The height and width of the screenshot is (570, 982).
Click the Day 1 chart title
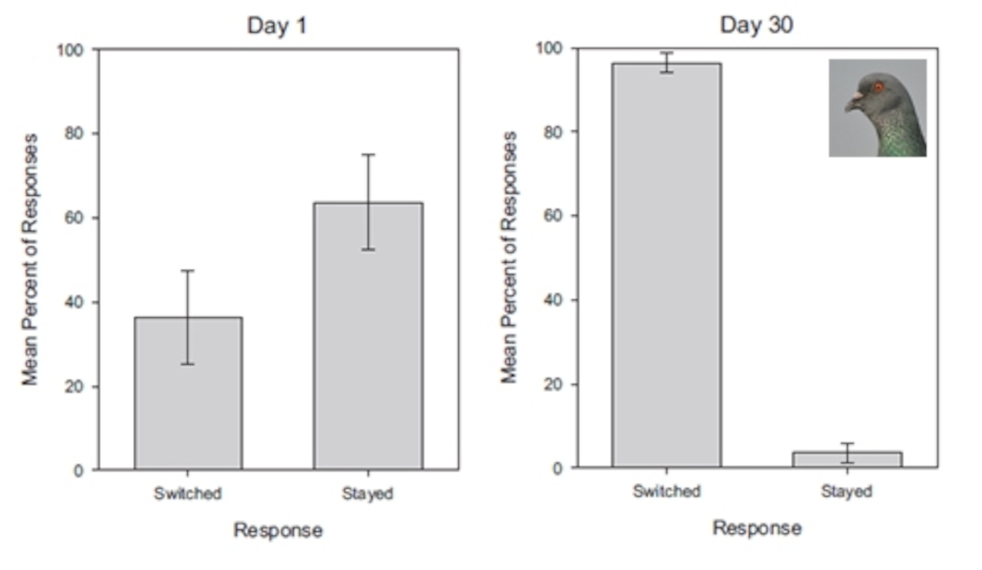[x=277, y=26]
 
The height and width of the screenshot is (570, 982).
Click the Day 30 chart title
[x=756, y=25]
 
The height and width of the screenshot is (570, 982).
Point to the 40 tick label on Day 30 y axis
[x=553, y=300]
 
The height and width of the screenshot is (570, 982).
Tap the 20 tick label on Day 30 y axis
[x=553, y=384]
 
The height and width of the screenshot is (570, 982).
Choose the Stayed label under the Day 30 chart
[x=846, y=491]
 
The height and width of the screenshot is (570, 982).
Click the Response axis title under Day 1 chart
[x=278, y=530]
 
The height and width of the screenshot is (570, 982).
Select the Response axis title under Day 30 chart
[x=757, y=529]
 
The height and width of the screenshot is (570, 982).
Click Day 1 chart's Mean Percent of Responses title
[x=30, y=259]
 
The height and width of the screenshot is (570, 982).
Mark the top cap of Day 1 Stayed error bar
[x=368, y=155]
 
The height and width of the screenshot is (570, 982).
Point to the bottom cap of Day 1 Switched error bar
[x=187, y=364]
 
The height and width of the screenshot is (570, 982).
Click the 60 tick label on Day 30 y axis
[x=553, y=216]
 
